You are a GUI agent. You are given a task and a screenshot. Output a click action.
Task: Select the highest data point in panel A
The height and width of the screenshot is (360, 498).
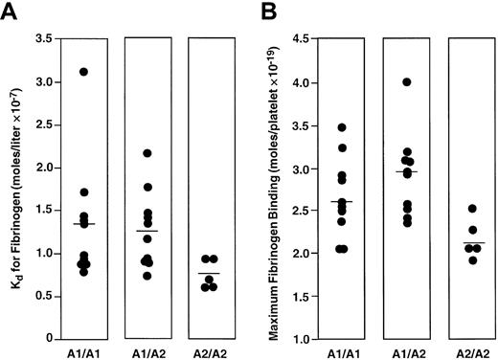click(x=84, y=72)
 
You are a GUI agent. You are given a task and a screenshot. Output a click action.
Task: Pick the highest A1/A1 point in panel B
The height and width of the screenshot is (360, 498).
click(x=342, y=127)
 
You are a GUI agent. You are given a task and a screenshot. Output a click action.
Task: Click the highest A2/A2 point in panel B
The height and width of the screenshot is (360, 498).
click(x=470, y=209)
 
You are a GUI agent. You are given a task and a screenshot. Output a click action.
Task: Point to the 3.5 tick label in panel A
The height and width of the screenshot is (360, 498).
click(x=41, y=38)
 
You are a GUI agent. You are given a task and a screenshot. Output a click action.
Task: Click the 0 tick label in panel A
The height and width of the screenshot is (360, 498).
click(x=47, y=339)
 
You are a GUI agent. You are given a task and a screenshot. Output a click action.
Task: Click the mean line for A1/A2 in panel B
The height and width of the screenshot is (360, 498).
click(x=407, y=171)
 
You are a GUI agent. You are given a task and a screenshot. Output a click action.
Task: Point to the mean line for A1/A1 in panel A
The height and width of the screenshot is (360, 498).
click(x=84, y=223)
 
